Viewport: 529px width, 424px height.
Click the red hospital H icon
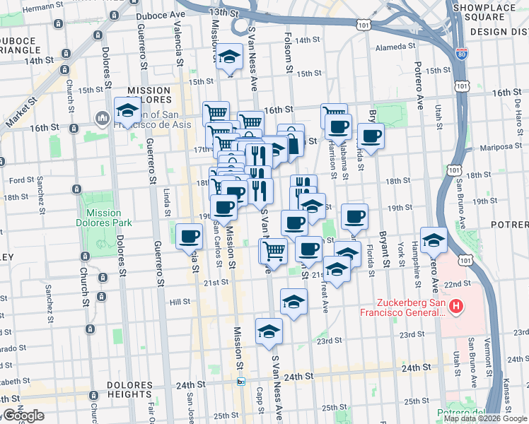(x=456, y=306)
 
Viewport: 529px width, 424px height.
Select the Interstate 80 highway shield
(x=461, y=54)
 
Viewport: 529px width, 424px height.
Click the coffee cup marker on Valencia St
(x=189, y=236)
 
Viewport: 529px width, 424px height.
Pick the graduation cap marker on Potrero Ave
(x=434, y=240)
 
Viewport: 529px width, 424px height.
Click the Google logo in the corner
(x=23, y=416)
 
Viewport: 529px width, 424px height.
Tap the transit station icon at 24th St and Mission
(x=240, y=382)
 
